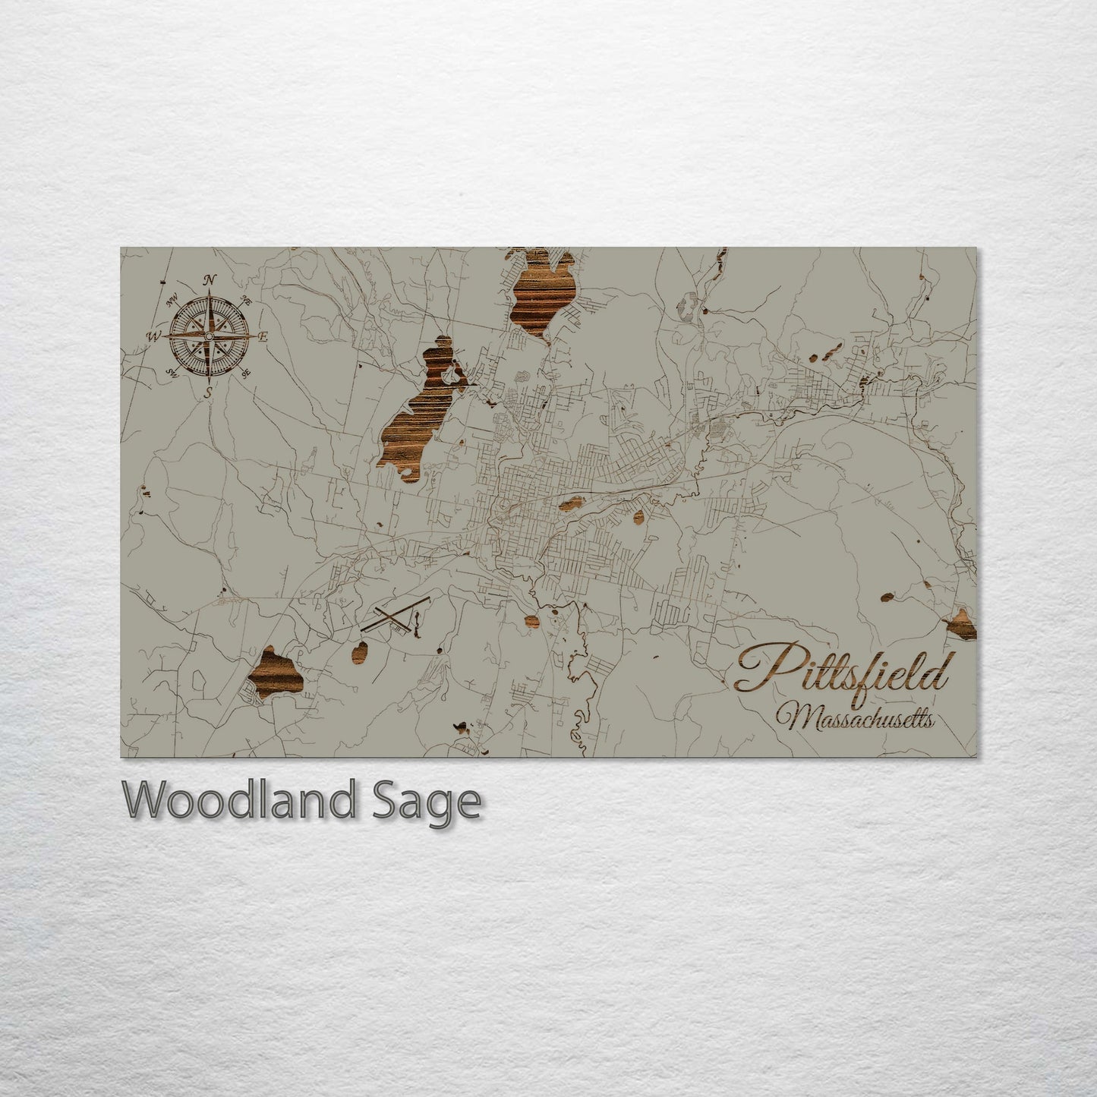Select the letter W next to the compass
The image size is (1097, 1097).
(155, 336)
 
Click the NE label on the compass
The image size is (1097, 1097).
(244, 300)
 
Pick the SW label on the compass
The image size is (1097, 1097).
(172, 372)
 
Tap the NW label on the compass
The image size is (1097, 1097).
(172, 299)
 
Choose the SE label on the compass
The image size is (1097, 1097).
(246, 373)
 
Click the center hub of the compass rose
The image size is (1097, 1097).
(209, 336)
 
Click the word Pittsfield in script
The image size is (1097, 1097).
(842, 669)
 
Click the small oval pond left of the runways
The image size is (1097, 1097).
(360, 651)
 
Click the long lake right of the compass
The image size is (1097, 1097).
(414, 425)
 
